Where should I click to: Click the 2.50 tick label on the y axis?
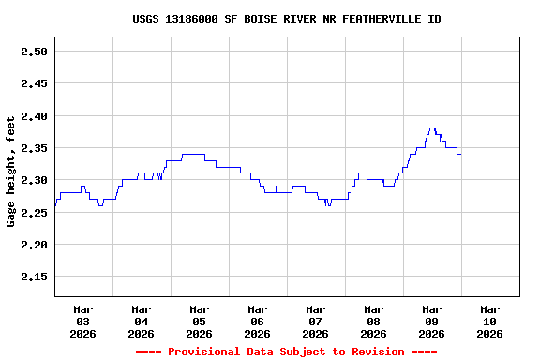(x=34, y=52)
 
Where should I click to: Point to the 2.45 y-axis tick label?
(x=34, y=83)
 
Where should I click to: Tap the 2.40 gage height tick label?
(x=34, y=116)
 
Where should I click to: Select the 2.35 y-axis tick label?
(x=34, y=148)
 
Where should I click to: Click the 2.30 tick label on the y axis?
(x=34, y=180)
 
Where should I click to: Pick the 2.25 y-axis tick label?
(x=34, y=213)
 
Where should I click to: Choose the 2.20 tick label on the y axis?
(x=34, y=245)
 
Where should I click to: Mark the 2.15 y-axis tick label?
(x=34, y=277)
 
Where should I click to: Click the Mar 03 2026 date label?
(x=83, y=322)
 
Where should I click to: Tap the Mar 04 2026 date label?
(x=142, y=322)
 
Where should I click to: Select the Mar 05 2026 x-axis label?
(x=200, y=322)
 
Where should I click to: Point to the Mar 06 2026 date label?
(x=258, y=322)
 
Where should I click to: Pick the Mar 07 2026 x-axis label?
(x=316, y=322)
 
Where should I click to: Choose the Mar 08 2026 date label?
(x=374, y=322)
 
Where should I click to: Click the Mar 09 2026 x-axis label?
(x=432, y=322)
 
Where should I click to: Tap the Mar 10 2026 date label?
(x=490, y=322)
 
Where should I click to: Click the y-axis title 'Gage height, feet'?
(x=11, y=172)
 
